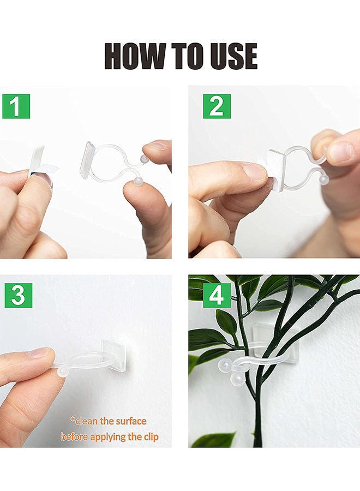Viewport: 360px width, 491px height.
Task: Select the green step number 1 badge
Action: pos(16,106)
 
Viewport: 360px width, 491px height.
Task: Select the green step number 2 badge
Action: pos(217,106)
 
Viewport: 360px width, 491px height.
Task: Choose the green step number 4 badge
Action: pos(217,295)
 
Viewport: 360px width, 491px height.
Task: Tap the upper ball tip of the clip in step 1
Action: pos(145,159)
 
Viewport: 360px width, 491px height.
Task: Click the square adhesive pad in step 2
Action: pos(278,169)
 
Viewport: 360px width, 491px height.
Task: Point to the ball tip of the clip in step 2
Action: pos(324,179)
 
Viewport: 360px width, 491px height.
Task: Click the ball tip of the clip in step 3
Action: pos(63,372)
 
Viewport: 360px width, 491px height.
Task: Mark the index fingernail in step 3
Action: pos(40,353)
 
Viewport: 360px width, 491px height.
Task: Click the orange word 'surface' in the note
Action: pos(129,421)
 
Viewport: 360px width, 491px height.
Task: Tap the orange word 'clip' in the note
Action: pos(148,437)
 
